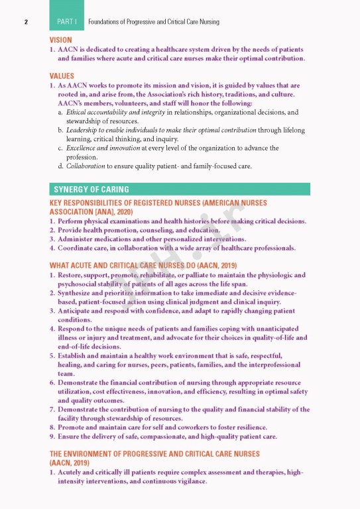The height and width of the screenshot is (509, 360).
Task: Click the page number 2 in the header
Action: (x=25, y=22)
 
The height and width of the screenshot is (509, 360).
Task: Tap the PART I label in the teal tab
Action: (x=66, y=22)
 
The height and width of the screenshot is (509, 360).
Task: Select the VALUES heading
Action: (x=62, y=76)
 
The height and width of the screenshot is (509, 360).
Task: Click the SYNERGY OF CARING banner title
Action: (x=91, y=190)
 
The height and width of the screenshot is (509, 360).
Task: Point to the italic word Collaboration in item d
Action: (x=86, y=166)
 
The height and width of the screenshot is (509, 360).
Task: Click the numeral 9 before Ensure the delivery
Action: (x=52, y=437)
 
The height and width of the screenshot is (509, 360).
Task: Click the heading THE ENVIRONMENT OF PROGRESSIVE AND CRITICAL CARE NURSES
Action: (x=154, y=454)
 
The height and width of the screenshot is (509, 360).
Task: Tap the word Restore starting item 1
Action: (x=71, y=274)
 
